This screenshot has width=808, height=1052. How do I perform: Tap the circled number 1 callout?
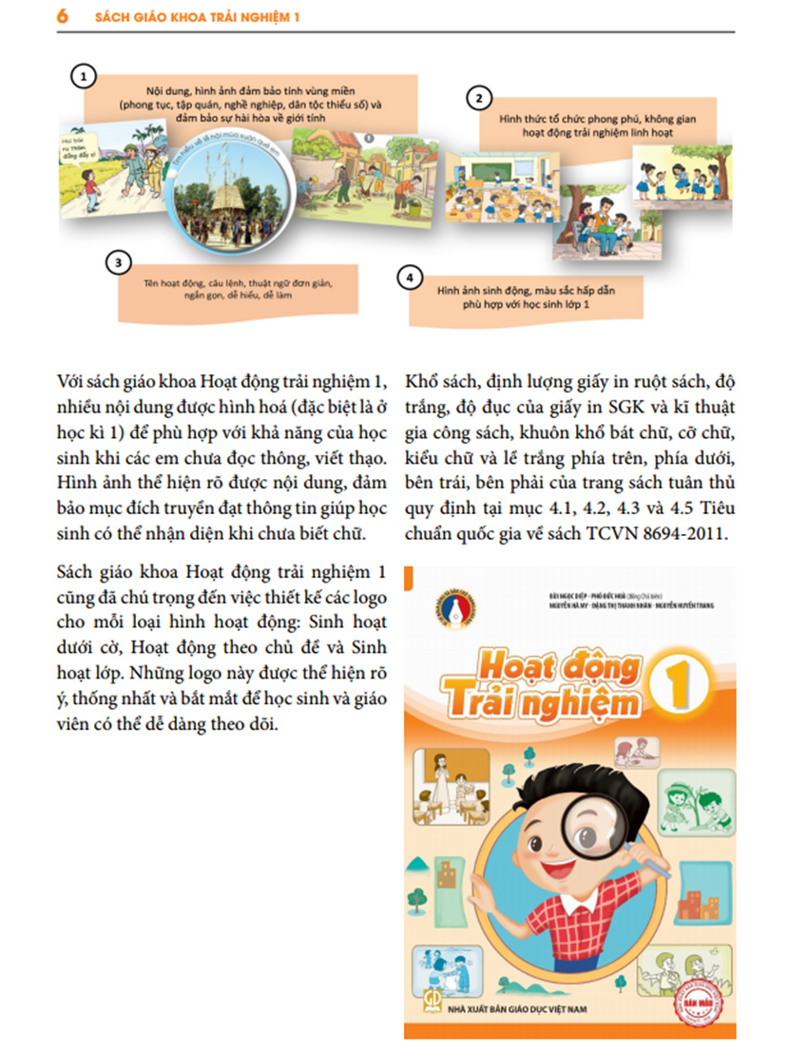tap(86, 75)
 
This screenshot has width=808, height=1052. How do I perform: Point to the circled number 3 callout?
tap(117, 261)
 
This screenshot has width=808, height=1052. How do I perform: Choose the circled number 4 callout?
tap(409, 278)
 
